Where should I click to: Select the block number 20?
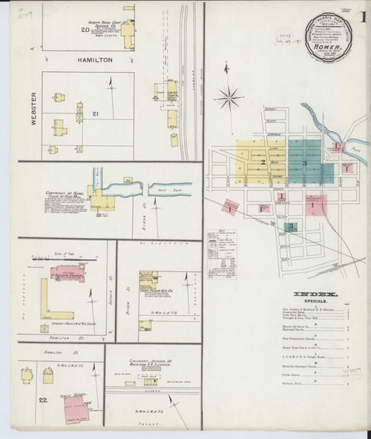[x=84, y=31]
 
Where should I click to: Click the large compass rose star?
[x=231, y=96]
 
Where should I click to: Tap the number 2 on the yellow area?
[x=263, y=161]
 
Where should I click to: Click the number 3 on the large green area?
[x=304, y=162]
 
